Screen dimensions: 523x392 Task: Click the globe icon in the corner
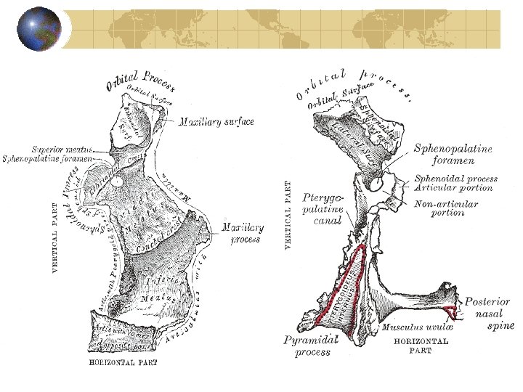tap(40, 29)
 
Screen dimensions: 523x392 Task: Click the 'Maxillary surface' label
tap(216, 122)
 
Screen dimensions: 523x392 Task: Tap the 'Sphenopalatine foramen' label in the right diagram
tap(453, 155)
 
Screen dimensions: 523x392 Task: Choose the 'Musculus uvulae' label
tap(412, 328)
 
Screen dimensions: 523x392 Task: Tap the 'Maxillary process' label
tap(242, 233)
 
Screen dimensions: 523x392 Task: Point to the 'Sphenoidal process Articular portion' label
tap(455, 183)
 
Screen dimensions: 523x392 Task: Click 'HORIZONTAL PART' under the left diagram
tap(123, 362)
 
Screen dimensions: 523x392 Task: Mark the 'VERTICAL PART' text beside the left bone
tap(55, 238)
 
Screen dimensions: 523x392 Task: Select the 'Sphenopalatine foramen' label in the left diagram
tap(47, 158)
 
